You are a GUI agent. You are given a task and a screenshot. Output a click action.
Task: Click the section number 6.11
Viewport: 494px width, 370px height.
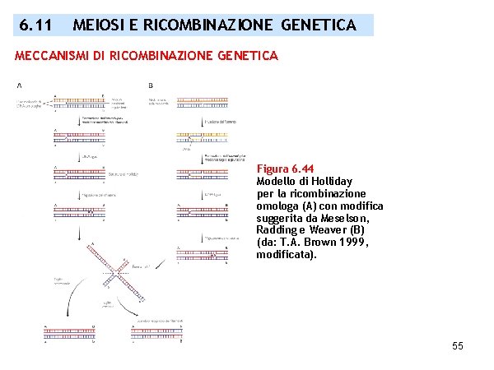pyautogui.click(x=37, y=25)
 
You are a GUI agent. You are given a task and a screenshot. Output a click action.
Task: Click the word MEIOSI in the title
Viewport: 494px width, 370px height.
pyautogui.click(x=96, y=25)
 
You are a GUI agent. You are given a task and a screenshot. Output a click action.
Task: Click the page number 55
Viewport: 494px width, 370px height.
pyautogui.click(x=458, y=346)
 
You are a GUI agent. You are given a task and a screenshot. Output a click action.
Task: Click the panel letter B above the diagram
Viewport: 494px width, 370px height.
pyautogui.click(x=151, y=85)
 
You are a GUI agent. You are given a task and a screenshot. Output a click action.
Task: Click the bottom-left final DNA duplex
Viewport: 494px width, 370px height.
pyautogui.click(x=65, y=331)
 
